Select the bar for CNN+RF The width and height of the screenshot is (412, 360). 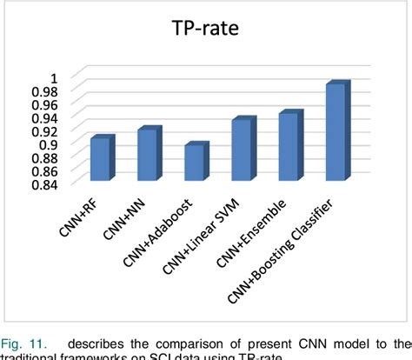click(101, 159)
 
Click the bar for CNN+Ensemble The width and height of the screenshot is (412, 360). click(289, 146)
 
